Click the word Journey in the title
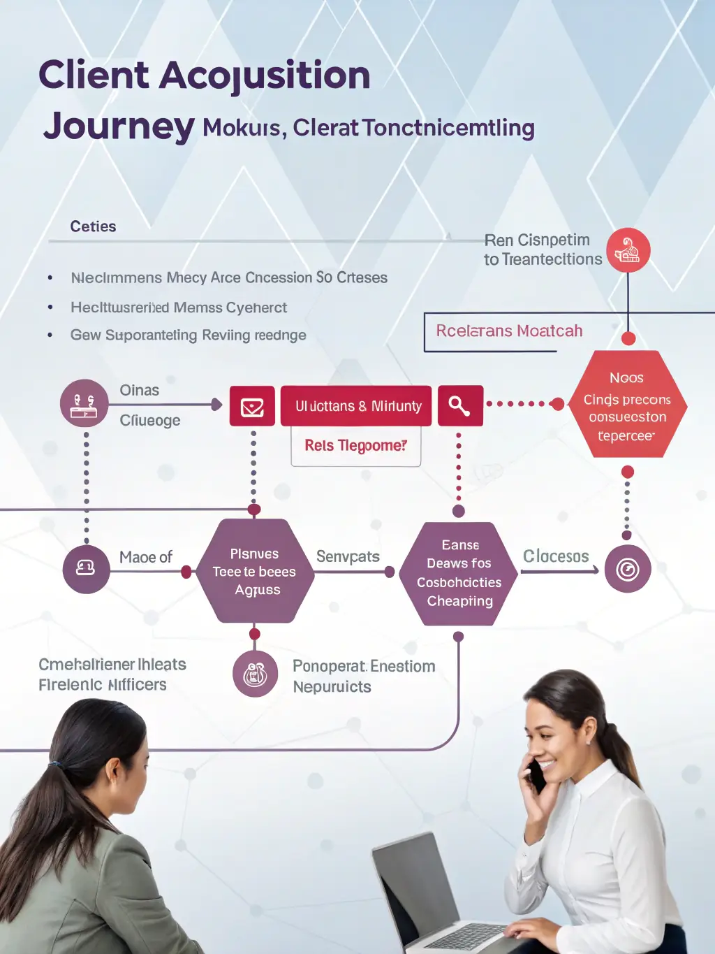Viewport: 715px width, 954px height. point(119,127)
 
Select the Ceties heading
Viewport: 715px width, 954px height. point(93,226)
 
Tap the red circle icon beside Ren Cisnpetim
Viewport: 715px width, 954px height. point(628,251)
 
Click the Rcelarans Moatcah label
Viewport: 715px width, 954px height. point(509,331)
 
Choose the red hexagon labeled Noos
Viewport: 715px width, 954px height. point(627,405)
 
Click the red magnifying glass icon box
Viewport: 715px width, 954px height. point(459,405)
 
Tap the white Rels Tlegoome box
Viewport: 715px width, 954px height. point(355,446)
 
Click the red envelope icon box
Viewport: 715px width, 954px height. point(252,406)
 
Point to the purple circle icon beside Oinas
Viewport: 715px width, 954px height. point(84,403)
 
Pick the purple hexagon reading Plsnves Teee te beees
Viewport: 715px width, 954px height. point(255,571)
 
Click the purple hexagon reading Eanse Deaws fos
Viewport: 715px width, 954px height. point(459,573)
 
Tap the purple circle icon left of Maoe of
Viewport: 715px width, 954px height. point(86,569)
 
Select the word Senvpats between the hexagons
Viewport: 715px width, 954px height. point(348,557)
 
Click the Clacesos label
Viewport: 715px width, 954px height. point(556,556)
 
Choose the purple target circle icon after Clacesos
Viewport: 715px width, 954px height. point(627,570)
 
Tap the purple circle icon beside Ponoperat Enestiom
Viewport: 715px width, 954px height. point(255,674)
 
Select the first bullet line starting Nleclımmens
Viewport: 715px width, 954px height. point(229,278)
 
